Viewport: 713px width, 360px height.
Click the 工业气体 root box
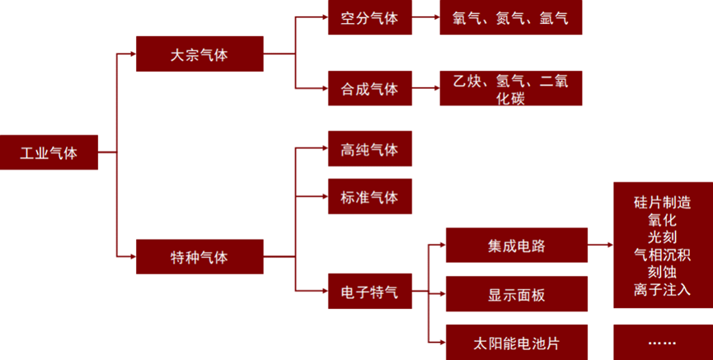coord(49,152)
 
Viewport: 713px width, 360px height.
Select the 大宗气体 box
coord(199,55)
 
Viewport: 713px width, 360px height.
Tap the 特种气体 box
coord(199,257)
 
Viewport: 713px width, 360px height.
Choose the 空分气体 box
coord(369,17)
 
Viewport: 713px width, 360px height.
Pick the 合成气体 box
coord(369,88)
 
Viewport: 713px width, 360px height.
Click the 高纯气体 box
coord(369,151)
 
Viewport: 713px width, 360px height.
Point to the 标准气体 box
coord(369,198)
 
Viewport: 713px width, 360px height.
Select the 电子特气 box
coord(369,292)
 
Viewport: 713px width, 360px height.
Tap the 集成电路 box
coord(517,245)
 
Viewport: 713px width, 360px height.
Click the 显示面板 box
coord(517,294)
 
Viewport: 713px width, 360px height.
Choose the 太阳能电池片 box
coord(517,341)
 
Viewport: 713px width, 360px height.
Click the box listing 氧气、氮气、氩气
coord(511,17)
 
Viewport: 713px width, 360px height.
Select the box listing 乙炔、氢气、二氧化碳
coord(511,88)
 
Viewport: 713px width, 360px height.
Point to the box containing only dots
coord(663,341)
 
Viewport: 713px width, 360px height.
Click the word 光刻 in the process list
coord(662,236)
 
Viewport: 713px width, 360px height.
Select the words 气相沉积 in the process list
coord(662,254)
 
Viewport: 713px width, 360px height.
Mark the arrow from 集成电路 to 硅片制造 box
coord(600,245)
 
